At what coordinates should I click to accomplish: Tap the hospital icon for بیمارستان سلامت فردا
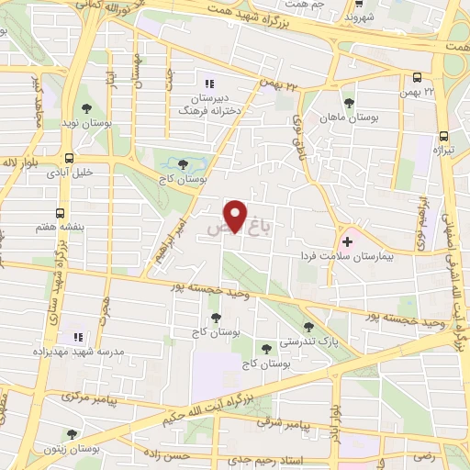pos(347,242)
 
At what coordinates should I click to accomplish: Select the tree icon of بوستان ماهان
pos(349,103)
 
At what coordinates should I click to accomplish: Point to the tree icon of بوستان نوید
pos(86,95)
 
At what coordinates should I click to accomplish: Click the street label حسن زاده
pos(171,453)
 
